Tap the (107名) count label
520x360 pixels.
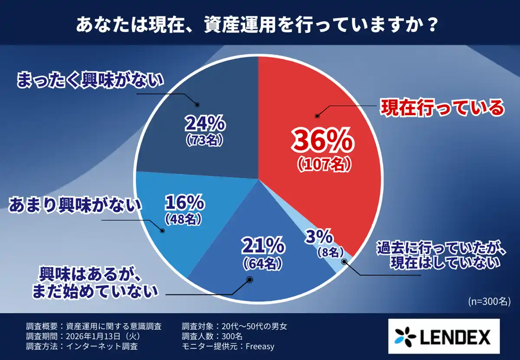point(324,164)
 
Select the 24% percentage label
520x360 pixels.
point(205,125)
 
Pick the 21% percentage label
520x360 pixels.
point(263,247)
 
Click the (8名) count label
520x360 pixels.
point(330,252)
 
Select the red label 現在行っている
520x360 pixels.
point(442,108)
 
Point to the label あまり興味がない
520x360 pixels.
point(75,205)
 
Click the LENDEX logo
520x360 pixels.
point(442,337)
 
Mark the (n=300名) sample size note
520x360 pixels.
point(488,302)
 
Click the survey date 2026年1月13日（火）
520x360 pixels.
point(102,336)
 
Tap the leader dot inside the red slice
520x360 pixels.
point(317,116)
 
